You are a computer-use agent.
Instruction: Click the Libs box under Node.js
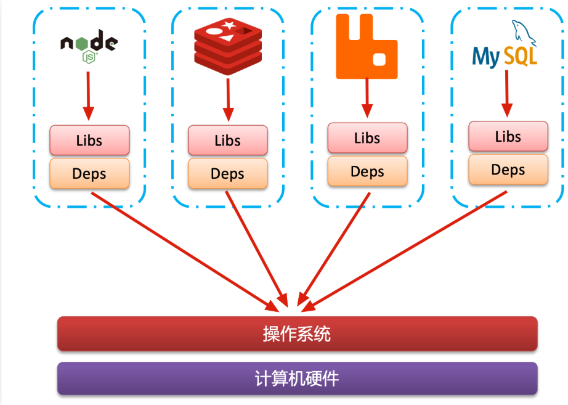click(x=89, y=140)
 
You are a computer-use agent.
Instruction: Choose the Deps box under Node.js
click(x=89, y=173)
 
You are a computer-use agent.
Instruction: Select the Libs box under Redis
click(x=227, y=140)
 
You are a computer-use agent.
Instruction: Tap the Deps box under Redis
click(x=227, y=173)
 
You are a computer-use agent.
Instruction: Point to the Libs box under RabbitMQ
click(x=367, y=137)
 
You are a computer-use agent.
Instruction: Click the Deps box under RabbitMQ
click(x=367, y=171)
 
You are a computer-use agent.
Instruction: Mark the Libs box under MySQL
click(x=508, y=136)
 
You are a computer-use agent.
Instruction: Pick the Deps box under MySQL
click(x=508, y=170)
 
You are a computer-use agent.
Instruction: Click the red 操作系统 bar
click(x=297, y=333)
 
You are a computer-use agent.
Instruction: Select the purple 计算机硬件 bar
click(x=297, y=378)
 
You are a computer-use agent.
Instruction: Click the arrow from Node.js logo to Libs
click(x=88, y=96)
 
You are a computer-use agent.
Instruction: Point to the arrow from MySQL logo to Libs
click(x=506, y=92)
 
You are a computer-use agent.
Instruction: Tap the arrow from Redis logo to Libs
click(x=228, y=99)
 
